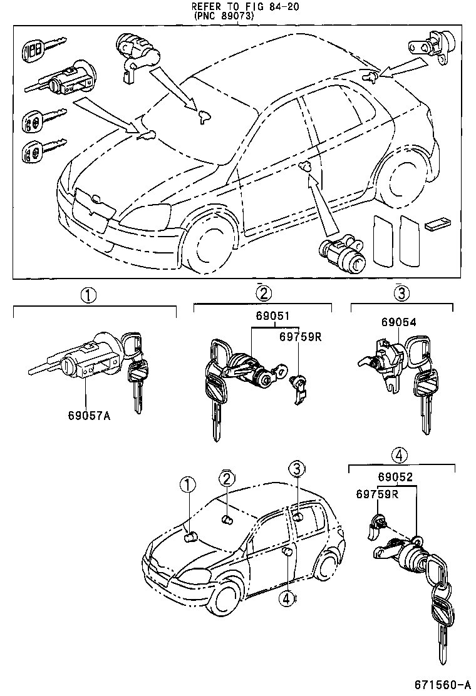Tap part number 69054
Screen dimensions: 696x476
click(399, 322)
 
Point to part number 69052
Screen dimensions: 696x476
click(395, 478)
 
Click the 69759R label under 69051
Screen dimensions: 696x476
click(300, 337)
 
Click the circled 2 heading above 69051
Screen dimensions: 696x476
click(263, 292)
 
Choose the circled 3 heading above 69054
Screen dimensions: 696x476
click(401, 292)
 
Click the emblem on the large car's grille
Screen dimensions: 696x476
click(95, 200)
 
